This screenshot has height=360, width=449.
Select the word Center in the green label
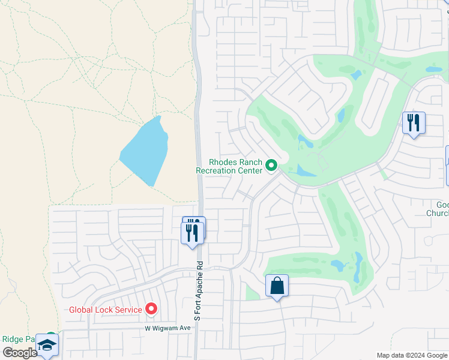(x=251, y=170)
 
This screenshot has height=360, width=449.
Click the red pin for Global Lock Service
(x=151, y=309)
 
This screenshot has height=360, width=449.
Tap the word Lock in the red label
(x=106, y=310)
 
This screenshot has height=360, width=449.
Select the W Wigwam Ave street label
(x=167, y=328)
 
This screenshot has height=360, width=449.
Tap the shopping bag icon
(x=277, y=286)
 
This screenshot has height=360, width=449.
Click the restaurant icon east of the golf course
(x=414, y=124)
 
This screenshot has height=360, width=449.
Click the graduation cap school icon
(x=47, y=345)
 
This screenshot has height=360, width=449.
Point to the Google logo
(x=20, y=353)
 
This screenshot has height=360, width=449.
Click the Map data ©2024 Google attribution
(x=412, y=355)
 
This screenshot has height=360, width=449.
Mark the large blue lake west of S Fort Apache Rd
(x=145, y=151)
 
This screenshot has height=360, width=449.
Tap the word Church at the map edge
(x=439, y=213)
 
